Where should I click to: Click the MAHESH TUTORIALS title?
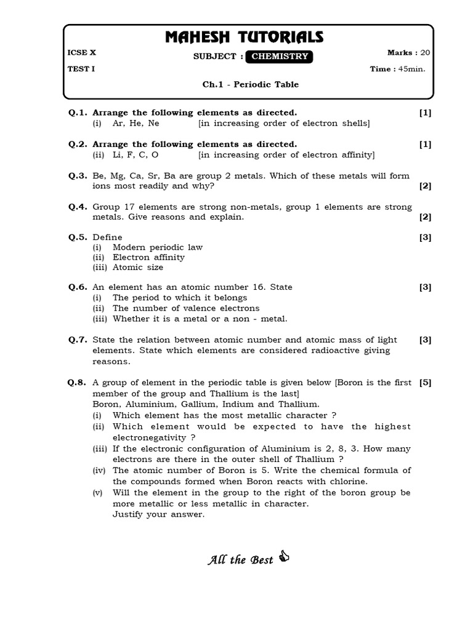tap(244, 38)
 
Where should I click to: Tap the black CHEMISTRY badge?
tap(280, 57)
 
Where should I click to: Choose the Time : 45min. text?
tap(397, 69)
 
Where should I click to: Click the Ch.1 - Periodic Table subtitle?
tap(250, 84)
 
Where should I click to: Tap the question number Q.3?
tap(78, 175)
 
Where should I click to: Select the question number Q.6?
tap(78, 287)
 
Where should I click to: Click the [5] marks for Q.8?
tap(425, 382)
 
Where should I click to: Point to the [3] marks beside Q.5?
tap(425, 237)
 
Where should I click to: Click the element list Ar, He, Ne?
tap(135, 123)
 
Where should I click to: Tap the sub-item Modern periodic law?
tap(158, 247)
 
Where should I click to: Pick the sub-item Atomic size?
tap(138, 267)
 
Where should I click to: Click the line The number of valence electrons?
tap(186, 308)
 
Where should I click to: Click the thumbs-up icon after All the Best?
tap(284, 557)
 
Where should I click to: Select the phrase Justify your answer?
tap(158, 514)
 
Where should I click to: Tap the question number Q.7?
tap(78, 340)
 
